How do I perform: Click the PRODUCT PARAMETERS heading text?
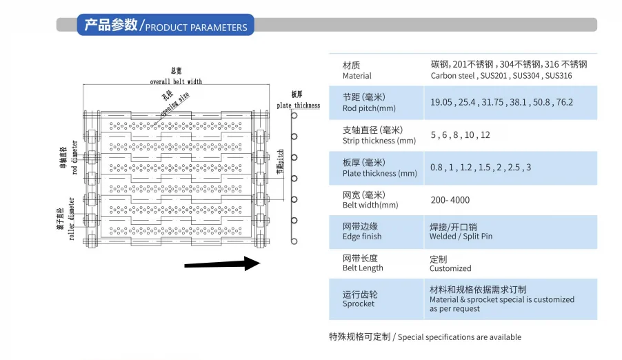(x=196, y=28)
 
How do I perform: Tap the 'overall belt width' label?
(x=176, y=81)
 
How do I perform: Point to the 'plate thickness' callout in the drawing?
(x=298, y=106)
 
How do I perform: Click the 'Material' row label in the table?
(x=357, y=76)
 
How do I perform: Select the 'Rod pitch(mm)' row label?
(x=369, y=108)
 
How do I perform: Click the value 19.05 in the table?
(x=441, y=102)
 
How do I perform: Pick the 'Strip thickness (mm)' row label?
(x=379, y=141)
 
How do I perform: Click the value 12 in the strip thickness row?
(x=485, y=135)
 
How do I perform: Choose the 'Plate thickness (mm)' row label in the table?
(x=380, y=174)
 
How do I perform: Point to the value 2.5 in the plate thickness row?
(x=514, y=168)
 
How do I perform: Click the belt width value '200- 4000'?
(x=450, y=200)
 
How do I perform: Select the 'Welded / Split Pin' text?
(x=461, y=237)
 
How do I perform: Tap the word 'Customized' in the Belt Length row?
(x=450, y=268)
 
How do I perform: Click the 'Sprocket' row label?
(x=359, y=303)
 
